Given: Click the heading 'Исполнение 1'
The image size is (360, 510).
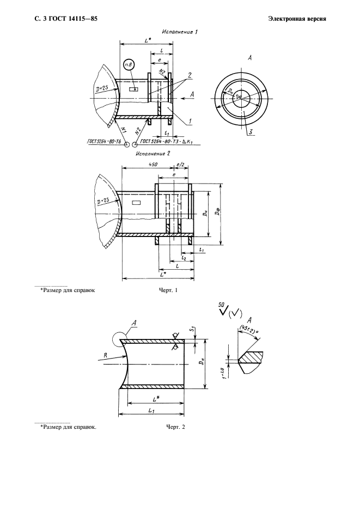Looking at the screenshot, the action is pos(180,32).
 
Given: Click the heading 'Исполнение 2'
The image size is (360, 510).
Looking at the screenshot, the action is pos(152,153).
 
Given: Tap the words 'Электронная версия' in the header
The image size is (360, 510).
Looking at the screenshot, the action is pos(297,19).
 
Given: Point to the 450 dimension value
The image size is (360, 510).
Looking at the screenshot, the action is pos(152,165).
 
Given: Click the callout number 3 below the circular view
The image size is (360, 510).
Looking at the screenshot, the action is pos(251,132).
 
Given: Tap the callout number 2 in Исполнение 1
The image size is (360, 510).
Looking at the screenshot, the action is pos(190,76).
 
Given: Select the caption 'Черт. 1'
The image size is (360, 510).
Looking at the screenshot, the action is pos(168,290).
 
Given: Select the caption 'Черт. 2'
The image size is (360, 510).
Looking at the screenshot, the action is pos(175,427).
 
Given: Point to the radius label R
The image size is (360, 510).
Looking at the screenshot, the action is pos(106,355).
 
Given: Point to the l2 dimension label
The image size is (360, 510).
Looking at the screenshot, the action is pos(184,258).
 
